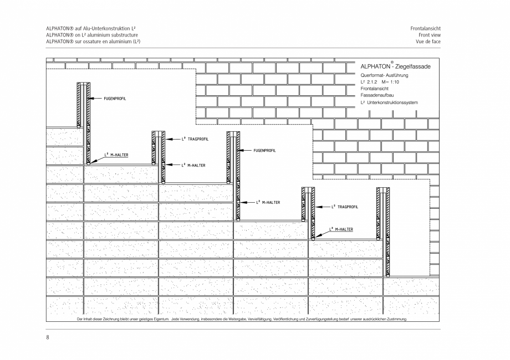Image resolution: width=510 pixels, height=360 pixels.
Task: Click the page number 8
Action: [x=48, y=337]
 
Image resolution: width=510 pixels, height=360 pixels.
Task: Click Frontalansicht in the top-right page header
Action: [x=426, y=28]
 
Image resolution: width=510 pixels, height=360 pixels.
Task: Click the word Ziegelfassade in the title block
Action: [x=410, y=67]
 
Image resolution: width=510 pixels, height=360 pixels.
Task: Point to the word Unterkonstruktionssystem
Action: [x=392, y=102]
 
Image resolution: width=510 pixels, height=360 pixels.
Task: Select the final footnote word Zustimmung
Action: [x=395, y=320]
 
